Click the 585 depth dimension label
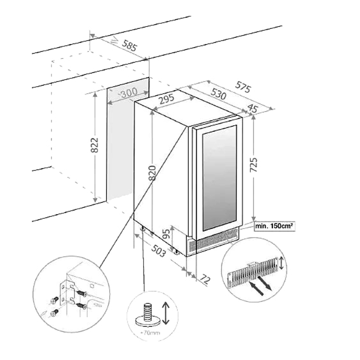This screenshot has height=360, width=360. click(x=129, y=46)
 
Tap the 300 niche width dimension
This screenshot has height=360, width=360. click(x=129, y=94)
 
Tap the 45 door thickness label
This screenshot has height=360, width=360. click(x=252, y=108)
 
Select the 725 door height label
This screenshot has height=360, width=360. click(x=254, y=166)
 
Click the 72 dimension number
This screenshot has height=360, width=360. click(x=205, y=279)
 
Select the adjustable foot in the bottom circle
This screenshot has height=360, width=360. click(x=147, y=314)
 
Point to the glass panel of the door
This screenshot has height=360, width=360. click(x=219, y=175)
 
